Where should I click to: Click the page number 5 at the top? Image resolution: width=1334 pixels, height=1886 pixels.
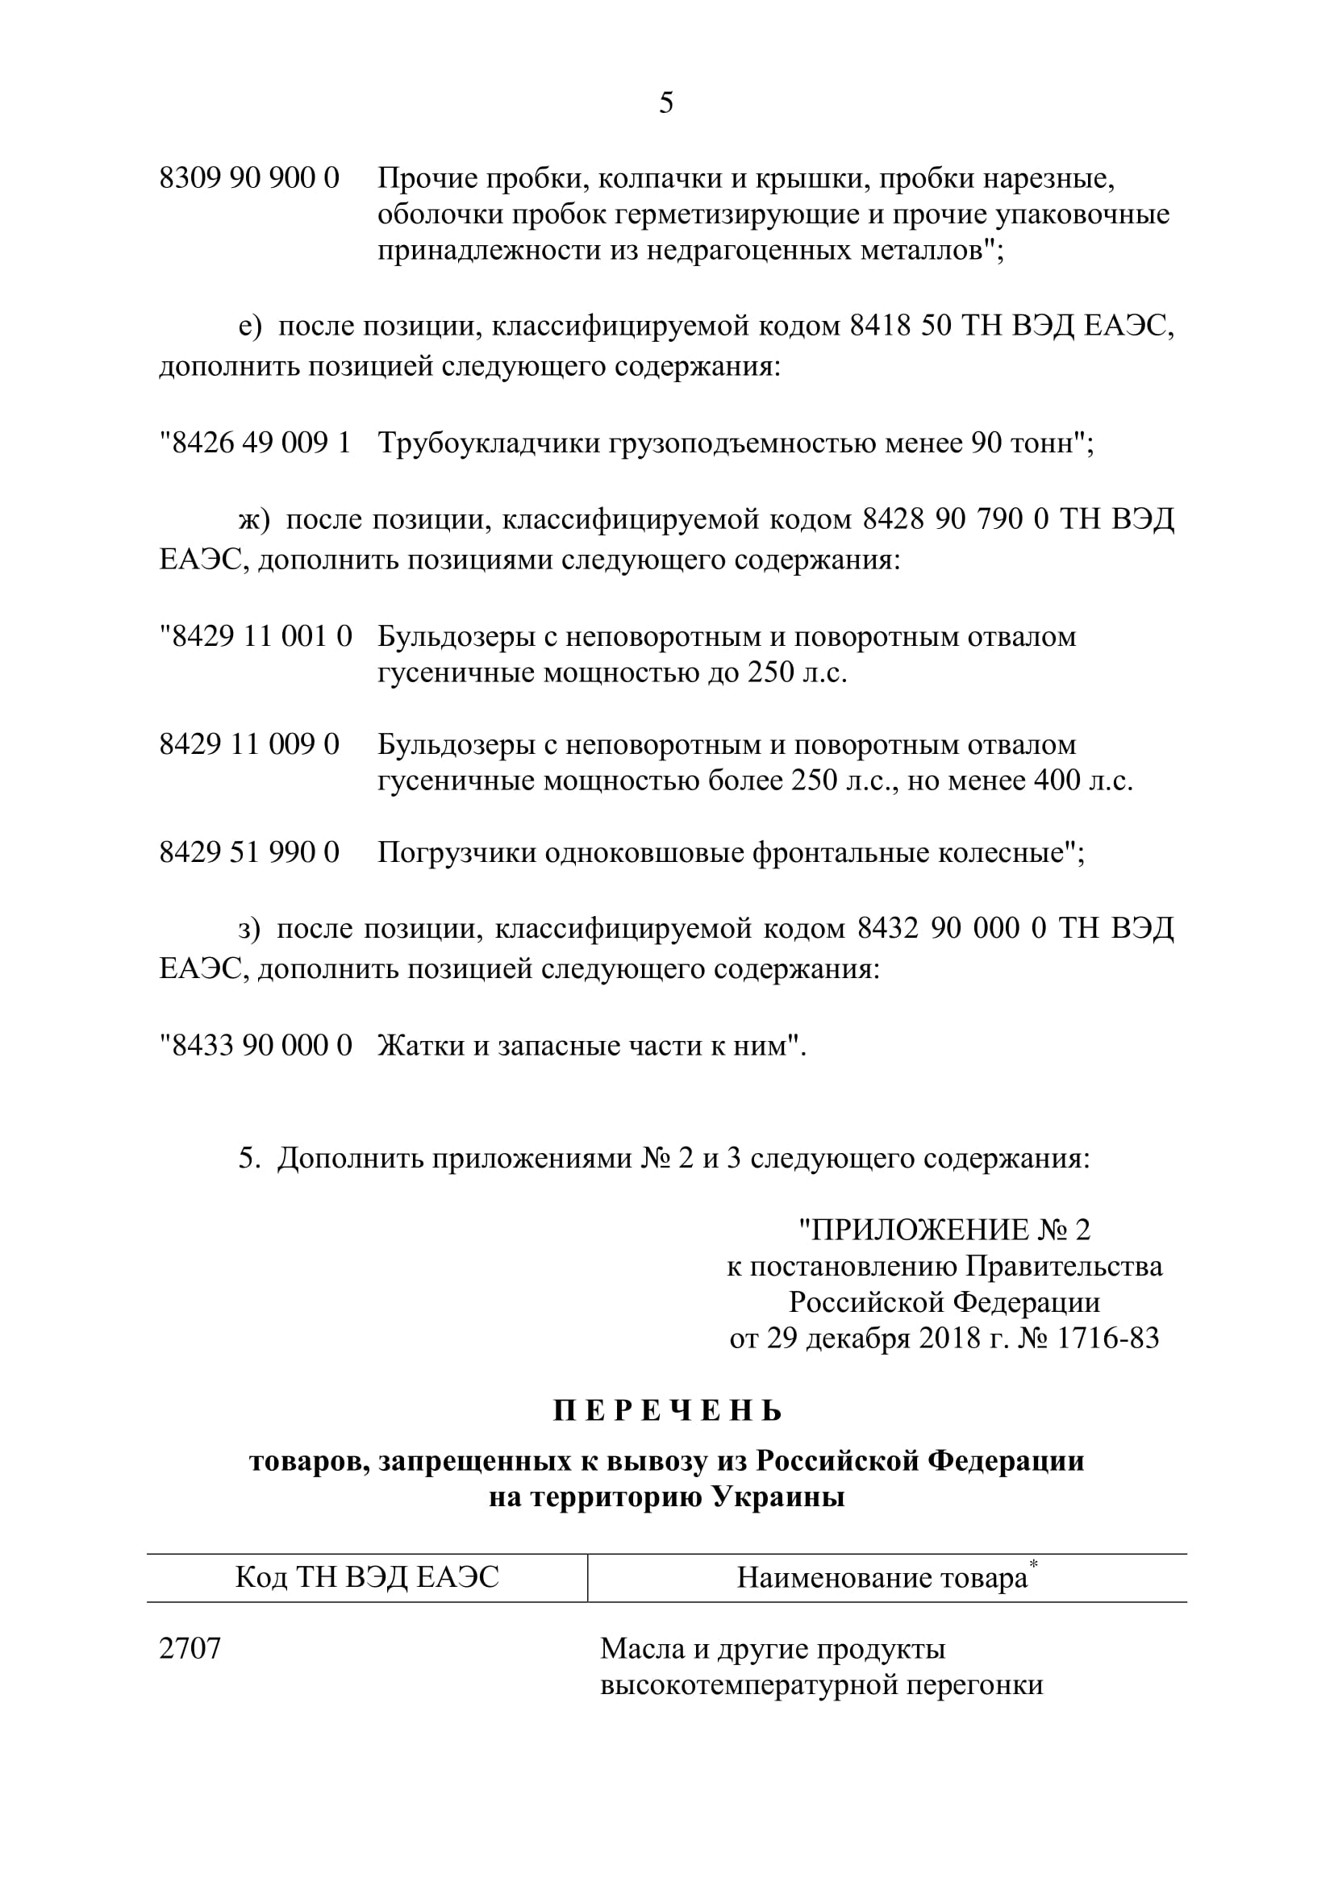pyautogui.click(x=666, y=102)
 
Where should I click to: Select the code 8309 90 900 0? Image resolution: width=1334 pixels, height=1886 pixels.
pyautogui.click(x=249, y=178)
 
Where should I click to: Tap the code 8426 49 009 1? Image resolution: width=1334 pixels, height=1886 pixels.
pyautogui.click(x=261, y=443)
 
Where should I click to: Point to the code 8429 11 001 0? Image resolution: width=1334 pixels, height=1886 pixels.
pyautogui.click(x=261, y=637)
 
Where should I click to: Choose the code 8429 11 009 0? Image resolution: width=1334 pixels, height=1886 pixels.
pyautogui.click(x=249, y=745)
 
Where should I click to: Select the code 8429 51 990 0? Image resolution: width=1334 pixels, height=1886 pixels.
pyautogui.click(x=249, y=852)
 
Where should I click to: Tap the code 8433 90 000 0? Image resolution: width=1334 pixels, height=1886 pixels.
pyautogui.click(x=261, y=1046)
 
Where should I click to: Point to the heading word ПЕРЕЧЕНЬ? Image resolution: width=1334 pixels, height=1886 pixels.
pyautogui.click(x=667, y=1410)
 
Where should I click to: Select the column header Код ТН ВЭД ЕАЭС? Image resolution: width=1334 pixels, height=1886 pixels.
pyautogui.click(x=367, y=1577)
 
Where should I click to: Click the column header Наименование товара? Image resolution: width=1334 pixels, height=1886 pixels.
pyautogui.click(x=882, y=1578)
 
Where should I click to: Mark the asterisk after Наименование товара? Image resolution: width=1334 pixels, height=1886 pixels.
pyautogui.click(x=1034, y=1563)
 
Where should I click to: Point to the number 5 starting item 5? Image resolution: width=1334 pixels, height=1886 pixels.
pyautogui.click(x=246, y=1159)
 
